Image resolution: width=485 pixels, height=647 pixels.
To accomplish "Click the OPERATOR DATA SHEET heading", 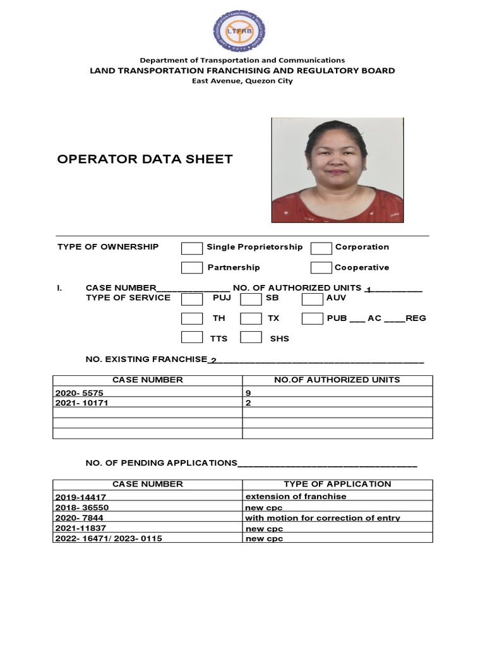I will point(145,159).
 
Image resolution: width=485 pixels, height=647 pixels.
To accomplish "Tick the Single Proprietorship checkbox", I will point(192,248).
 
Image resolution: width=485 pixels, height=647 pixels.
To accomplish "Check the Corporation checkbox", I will point(321,248).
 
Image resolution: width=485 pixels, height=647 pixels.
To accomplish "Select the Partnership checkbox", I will point(192,268).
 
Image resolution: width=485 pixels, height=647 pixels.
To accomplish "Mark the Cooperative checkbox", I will point(321,268).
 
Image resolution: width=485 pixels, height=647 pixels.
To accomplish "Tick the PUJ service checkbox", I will point(192,299).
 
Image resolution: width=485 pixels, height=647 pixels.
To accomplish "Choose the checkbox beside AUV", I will point(312,299).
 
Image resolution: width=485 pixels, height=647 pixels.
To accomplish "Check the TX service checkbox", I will point(251,318).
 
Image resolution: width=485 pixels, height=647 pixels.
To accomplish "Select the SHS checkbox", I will point(251,337).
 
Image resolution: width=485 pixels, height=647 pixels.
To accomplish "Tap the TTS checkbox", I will point(192,337).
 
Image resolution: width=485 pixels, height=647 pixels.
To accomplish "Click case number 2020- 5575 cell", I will point(79,392).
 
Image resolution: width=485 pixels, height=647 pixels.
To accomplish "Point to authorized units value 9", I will point(248,392).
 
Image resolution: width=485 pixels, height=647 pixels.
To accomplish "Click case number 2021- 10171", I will point(82,402).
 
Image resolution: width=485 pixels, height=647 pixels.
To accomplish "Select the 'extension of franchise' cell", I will point(296,497).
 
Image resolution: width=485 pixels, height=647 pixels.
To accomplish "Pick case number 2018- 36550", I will point(82,507).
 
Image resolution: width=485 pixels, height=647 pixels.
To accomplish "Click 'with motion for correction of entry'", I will point(323,518).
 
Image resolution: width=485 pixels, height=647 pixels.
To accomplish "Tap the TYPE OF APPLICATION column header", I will point(337,484).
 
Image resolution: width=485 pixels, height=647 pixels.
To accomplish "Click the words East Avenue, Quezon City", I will point(242,81).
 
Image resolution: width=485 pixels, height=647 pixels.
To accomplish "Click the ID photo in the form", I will point(337,170).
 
